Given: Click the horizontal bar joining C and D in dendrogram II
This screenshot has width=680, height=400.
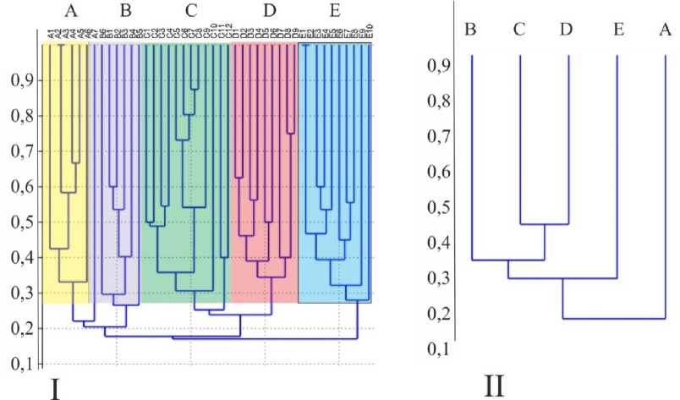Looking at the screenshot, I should click(x=544, y=224).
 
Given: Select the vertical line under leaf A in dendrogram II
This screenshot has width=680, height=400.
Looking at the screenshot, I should click(x=666, y=186).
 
